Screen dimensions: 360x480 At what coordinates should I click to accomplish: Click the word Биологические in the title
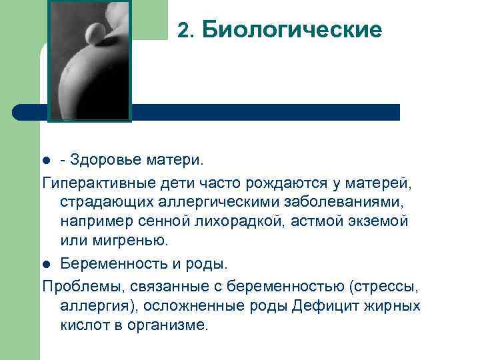[292, 30]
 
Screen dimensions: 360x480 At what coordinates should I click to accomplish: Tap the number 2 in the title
[185, 30]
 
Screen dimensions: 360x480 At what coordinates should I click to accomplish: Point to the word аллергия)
[91, 306]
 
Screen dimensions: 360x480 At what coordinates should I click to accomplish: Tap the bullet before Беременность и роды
[46, 264]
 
